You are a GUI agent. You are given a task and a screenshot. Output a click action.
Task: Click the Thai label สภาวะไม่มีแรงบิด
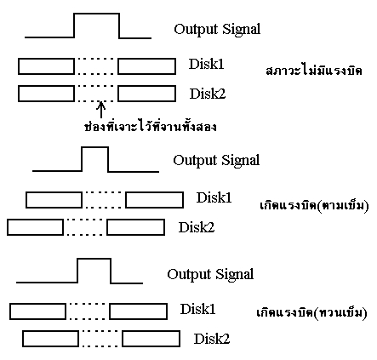(314, 71)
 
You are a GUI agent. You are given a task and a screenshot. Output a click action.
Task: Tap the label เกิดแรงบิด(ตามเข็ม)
(314, 205)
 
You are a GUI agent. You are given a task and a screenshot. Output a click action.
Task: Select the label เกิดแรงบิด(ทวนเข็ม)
(311, 312)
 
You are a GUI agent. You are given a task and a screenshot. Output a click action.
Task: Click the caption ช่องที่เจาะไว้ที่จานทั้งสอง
(151, 126)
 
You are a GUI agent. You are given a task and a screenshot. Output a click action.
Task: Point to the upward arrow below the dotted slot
(101, 110)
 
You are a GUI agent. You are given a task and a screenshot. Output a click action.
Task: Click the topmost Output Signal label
(217, 30)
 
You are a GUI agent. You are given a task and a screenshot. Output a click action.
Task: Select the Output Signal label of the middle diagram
(216, 161)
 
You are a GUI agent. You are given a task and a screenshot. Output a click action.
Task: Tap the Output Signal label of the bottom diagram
(210, 275)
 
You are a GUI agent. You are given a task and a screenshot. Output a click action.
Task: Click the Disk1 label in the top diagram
(206, 64)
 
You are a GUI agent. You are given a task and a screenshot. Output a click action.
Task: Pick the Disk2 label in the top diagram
(208, 94)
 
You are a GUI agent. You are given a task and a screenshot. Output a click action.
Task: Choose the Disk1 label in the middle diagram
(214, 197)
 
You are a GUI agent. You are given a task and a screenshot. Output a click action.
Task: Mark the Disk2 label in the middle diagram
(197, 227)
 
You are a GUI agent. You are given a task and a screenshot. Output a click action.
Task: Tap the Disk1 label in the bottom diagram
(197, 309)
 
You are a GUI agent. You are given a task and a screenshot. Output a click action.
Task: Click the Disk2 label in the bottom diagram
(212, 339)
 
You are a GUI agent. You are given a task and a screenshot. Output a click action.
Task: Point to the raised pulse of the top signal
(96, 14)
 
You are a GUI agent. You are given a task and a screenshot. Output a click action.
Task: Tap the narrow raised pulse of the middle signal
(95, 147)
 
